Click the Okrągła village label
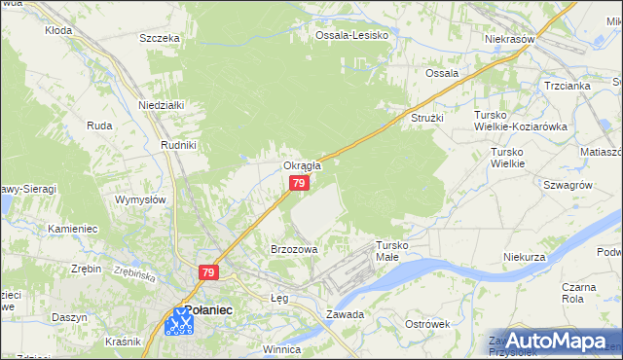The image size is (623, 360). click(302, 165)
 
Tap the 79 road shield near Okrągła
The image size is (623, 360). click(301, 183)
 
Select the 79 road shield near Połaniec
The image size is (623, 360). click(208, 273)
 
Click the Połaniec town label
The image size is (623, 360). click(207, 308)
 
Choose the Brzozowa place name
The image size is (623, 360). click(294, 249)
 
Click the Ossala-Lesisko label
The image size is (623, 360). click(351, 35)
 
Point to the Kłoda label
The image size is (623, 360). click(59, 30)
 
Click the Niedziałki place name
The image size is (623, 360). click(162, 104)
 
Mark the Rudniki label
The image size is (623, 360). click(179, 144)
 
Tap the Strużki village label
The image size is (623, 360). click(426, 118)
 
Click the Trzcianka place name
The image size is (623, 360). click(568, 85)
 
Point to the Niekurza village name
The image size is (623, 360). click(523, 257)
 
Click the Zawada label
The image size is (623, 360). click(346, 314)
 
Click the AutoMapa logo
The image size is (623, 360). click(551, 340)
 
